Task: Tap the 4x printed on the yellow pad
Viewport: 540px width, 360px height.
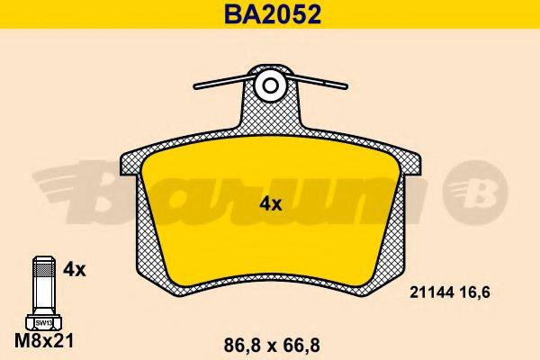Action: [270, 204]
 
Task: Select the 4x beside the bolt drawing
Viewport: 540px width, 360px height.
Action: [76, 269]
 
